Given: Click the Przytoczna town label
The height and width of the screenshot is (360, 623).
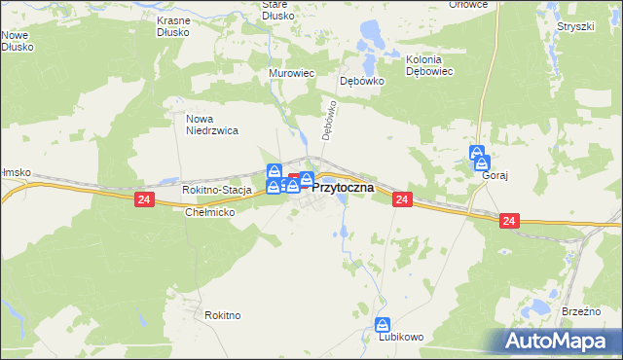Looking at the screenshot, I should pyautogui.click(x=343, y=188).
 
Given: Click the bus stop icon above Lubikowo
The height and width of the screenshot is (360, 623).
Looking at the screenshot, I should pyautogui.click(x=384, y=324).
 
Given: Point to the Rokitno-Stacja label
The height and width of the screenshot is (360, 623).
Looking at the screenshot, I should pyautogui.click(x=216, y=190).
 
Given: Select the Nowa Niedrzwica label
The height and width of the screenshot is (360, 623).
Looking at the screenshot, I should pyautogui.click(x=211, y=124).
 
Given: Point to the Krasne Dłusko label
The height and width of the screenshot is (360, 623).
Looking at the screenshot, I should pyautogui.click(x=180, y=25).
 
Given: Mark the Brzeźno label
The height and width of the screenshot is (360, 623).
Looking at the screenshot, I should pyautogui.click(x=581, y=311).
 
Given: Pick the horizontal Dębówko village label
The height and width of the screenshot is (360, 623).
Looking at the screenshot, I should pyautogui.click(x=361, y=82).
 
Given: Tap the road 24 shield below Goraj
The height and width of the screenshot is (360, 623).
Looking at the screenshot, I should pyautogui.click(x=509, y=222).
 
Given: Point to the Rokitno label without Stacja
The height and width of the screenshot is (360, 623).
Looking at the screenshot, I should pyautogui.click(x=223, y=315).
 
